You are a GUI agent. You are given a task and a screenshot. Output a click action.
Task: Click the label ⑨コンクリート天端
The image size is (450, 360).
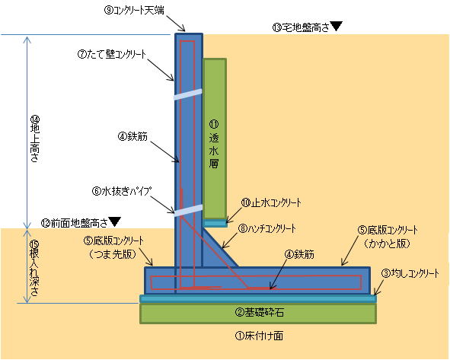click(x=134, y=11)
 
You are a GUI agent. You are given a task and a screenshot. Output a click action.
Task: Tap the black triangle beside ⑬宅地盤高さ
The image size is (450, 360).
click(x=337, y=26)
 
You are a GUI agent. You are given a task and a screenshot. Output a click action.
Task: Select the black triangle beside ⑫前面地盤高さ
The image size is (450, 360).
click(x=115, y=221)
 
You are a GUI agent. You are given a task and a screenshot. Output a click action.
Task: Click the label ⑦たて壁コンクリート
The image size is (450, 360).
click(x=112, y=54)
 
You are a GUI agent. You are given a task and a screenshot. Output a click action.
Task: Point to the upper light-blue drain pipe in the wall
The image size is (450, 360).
click(x=188, y=94)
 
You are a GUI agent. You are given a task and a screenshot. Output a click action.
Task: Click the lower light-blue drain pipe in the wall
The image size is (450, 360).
click(x=188, y=210)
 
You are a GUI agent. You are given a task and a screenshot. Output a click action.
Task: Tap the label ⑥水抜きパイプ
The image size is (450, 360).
click(x=122, y=191)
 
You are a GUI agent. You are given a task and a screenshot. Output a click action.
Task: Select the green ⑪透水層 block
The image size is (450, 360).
click(x=215, y=139)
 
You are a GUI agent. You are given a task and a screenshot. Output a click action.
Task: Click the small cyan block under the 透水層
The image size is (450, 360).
click(x=215, y=223)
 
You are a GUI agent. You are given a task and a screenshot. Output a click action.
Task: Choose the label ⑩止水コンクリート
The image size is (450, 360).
click(x=271, y=202)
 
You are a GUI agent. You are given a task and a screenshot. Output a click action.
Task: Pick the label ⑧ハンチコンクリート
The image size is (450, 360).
click(x=267, y=229)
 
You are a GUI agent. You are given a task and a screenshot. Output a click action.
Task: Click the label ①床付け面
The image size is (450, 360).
click(x=259, y=336)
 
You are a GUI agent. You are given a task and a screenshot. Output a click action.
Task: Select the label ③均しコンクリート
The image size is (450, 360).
click(x=410, y=274)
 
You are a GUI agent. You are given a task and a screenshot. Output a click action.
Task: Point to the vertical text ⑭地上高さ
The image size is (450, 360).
click(x=35, y=139)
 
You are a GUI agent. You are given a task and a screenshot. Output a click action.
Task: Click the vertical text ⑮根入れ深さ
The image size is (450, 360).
click(x=34, y=268)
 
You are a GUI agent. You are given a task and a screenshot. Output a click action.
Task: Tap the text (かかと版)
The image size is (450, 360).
click(x=387, y=244)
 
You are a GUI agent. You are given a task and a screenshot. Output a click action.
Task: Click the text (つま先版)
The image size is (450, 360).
click(x=112, y=254)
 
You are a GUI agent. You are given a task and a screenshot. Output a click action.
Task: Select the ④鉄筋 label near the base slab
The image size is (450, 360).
click(x=299, y=254)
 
